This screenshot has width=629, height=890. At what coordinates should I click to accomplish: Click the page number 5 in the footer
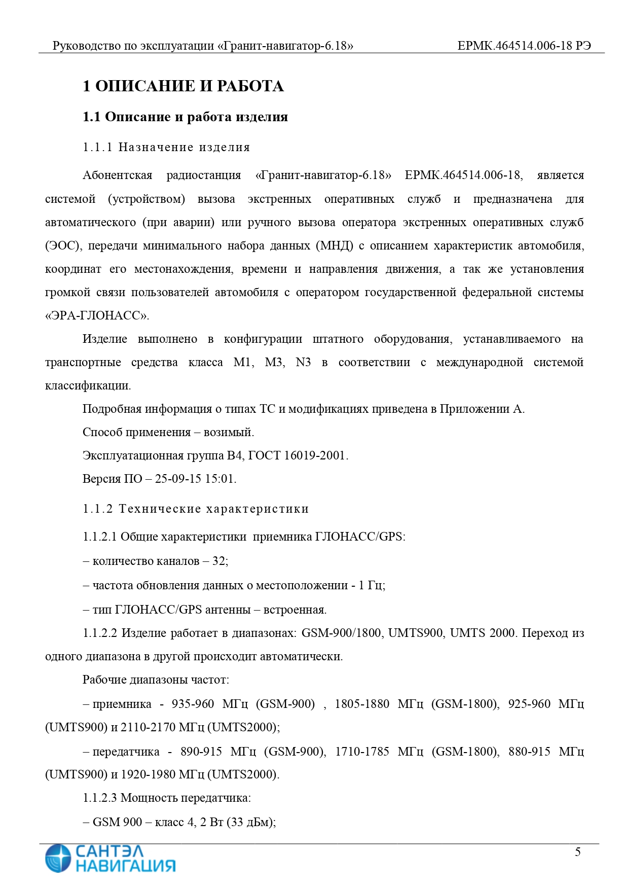[577, 851]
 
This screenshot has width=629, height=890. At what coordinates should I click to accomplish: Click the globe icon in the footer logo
[57, 858]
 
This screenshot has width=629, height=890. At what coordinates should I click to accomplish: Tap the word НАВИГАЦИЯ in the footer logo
[125, 865]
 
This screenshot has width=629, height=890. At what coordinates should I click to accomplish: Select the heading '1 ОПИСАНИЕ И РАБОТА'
[183, 86]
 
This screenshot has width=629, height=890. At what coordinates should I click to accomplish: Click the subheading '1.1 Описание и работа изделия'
[185, 117]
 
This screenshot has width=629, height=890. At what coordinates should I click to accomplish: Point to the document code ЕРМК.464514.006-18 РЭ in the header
[524, 46]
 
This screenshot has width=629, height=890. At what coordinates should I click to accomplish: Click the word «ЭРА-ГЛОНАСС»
[97, 315]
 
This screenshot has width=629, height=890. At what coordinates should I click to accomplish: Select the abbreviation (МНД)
[334, 245]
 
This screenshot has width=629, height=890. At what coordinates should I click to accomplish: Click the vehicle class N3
[303, 362]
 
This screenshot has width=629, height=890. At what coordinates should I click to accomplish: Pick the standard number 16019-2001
[314, 455]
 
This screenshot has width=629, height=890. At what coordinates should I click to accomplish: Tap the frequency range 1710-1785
[362, 751]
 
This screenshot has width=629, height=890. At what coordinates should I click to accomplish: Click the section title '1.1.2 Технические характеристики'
[196, 509]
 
